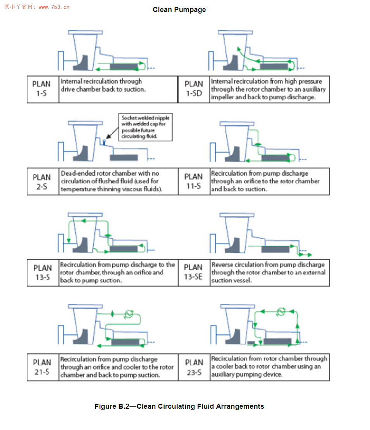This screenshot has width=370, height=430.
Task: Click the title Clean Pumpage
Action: point(179,10)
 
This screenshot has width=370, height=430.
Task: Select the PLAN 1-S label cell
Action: point(42,89)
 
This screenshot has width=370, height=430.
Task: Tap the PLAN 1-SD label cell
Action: point(194,89)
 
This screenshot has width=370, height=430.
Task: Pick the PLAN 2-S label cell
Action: point(42,182)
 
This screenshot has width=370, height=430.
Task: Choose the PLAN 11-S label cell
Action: point(194,181)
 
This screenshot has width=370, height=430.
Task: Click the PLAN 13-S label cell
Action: point(42,273)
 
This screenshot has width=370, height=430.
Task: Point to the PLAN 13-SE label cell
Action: point(194,272)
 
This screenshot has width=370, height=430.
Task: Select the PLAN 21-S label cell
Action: point(42,367)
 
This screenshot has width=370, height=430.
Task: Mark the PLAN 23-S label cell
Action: point(194,367)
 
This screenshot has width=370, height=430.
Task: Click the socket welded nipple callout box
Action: point(145,127)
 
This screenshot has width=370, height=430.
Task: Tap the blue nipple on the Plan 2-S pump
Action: point(103,142)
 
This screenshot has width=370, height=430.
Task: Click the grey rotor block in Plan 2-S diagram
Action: point(124,158)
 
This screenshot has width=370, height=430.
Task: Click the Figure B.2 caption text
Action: point(179,406)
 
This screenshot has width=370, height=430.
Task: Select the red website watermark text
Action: point(37,7)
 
